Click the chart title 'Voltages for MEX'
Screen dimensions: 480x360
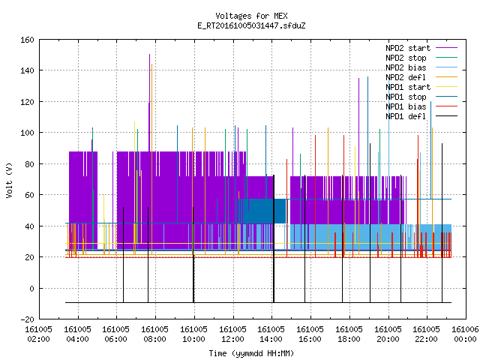(x=251, y=16)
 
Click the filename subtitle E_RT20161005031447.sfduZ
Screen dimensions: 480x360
(x=251, y=25)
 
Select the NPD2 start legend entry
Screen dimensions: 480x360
(x=421, y=48)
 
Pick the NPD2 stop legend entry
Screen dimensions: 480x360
(x=421, y=58)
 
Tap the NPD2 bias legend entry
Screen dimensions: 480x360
(x=421, y=67)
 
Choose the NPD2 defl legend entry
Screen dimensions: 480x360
(x=421, y=77)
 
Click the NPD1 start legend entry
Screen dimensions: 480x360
(x=421, y=87)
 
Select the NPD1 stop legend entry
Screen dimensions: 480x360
(x=421, y=97)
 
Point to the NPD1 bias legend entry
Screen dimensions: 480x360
(x=421, y=106)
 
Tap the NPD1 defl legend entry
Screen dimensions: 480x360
(x=421, y=117)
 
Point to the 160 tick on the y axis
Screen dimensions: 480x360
(x=27, y=40)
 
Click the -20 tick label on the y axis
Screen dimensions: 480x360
(x=27, y=319)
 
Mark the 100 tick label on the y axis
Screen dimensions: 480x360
(x=27, y=133)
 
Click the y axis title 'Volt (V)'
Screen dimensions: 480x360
(x=9, y=180)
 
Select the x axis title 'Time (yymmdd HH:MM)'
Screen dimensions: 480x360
(x=251, y=353)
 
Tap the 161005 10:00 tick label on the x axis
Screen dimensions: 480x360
(x=193, y=334)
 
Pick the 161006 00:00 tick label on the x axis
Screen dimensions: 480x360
(x=465, y=334)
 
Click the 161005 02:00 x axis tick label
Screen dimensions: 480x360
(x=38, y=334)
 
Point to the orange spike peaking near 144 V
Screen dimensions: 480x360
(x=151, y=159)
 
